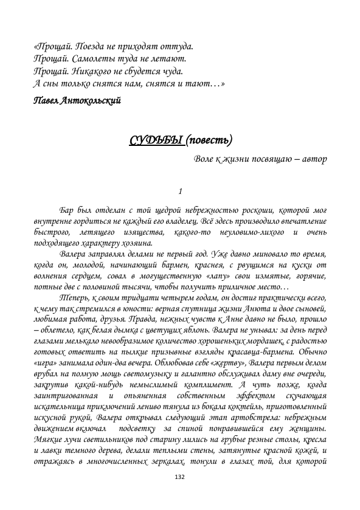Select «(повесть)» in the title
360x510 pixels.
coord(209,142)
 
